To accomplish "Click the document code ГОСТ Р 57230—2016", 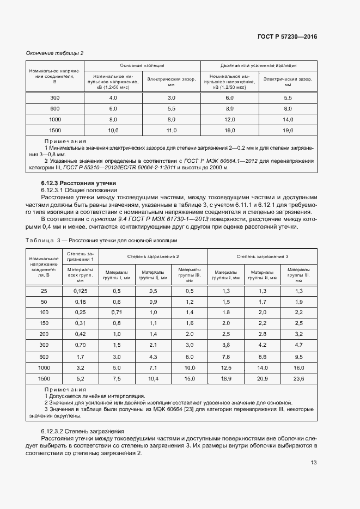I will [x=286, y=36].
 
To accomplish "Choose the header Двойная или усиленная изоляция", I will [x=259, y=65].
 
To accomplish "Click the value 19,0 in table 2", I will [x=288, y=130].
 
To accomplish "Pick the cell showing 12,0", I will [x=229, y=119].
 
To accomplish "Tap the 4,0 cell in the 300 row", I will [x=113, y=97].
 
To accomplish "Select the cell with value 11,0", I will [x=171, y=130].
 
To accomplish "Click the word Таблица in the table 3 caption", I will [x=38, y=240].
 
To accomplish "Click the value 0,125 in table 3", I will [x=81, y=291].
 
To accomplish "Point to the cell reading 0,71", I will [x=117, y=312].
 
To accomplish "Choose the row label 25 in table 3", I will [x=44, y=291].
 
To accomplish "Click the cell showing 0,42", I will [x=81, y=334].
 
